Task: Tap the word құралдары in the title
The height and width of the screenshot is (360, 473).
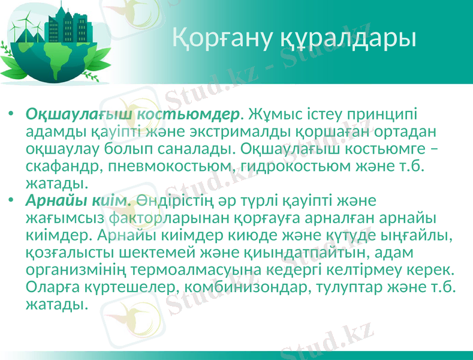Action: pos(348,38)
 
